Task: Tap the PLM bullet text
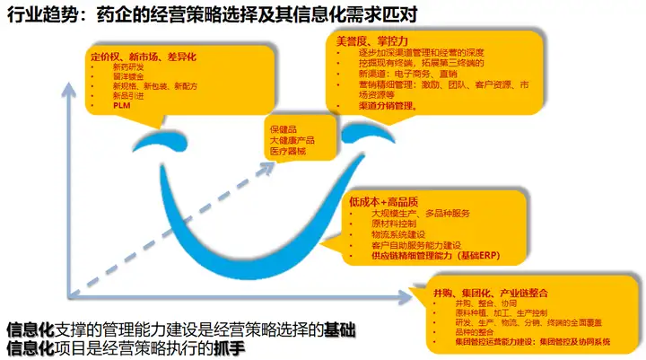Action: click(x=121, y=104)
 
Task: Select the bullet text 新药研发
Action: click(x=127, y=66)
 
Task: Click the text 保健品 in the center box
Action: click(x=284, y=130)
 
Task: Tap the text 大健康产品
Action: click(x=292, y=141)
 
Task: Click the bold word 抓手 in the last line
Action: click(x=230, y=346)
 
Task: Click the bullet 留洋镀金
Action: click(x=127, y=76)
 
